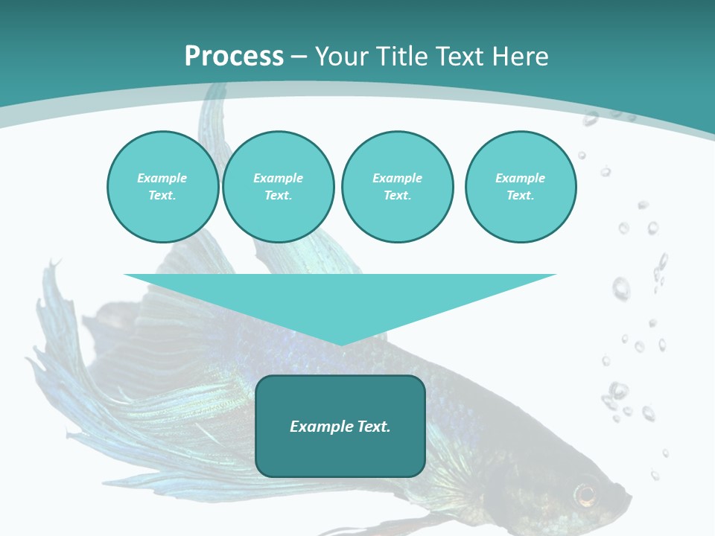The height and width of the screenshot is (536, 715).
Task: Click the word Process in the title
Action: click(x=234, y=57)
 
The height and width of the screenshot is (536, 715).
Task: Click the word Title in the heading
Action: click(x=402, y=57)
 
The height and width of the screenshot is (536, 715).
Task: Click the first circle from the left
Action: click(x=163, y=187)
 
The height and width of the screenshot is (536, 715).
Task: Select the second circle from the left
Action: click(x=279, y=187)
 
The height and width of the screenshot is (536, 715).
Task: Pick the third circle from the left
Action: click(x=398, y=187)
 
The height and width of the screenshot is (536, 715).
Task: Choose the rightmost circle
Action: click(x=521, y=187)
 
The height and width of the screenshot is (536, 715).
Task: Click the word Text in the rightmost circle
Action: click(x=519, y=196)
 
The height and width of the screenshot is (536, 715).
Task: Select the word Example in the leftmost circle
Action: click(x=162, y=178)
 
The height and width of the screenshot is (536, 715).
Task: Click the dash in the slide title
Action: click(x=299, y=57)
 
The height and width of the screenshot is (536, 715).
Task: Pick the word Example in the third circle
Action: click(x=398, y=178)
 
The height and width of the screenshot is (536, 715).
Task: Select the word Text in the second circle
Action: click(x=277, y=196)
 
